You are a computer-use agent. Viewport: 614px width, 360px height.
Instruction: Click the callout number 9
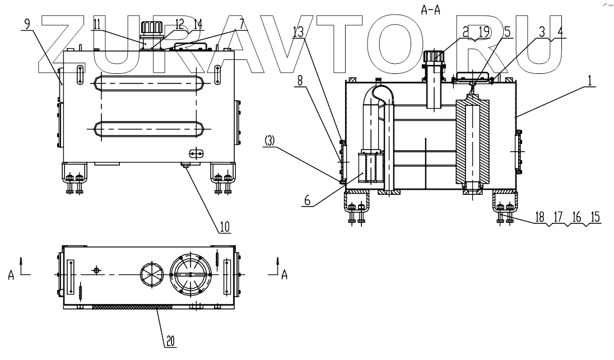28,25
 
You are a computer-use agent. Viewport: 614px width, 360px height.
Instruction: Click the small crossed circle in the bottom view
97,270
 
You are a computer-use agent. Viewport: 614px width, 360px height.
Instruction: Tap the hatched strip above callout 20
132,307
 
